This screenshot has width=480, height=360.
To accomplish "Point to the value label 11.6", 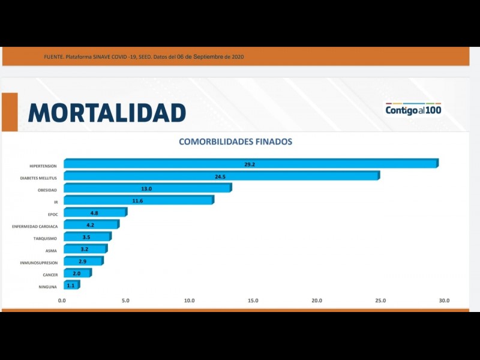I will [138, 200].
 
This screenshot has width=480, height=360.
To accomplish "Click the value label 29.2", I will [250, 164].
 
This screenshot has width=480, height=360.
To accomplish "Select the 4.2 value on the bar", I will [91, 225].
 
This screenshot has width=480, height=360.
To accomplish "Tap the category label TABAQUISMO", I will [45, 238].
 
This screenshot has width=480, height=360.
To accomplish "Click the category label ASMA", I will [51, 250].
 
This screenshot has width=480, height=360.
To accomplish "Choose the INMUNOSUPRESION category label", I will [38, 263].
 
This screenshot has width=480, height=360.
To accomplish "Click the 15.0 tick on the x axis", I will [253, 301].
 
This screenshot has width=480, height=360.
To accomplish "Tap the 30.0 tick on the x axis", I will [443, 301].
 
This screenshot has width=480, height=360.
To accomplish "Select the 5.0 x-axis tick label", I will [125, 301].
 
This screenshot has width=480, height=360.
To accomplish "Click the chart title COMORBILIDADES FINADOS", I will [235, 142].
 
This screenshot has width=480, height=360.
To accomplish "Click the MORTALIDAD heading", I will [107, 113].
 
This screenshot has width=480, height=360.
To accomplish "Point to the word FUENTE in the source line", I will [54, 56].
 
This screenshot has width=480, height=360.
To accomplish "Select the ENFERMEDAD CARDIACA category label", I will [35, 226].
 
